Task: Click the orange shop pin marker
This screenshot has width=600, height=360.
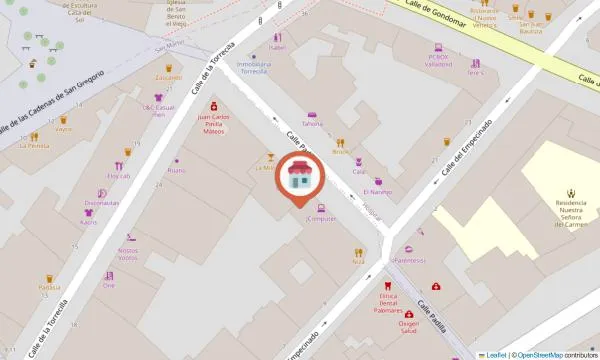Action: [x=299, y=180]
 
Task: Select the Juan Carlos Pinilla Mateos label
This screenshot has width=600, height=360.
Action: [x=210, y=123]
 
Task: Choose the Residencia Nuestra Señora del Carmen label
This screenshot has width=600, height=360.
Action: [x=570, y=212]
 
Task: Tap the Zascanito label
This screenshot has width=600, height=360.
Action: [x=168, y=77]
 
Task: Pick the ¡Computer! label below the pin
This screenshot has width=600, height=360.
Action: [x=320, y=218]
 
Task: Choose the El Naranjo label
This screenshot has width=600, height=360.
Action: [x=377, y=192]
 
